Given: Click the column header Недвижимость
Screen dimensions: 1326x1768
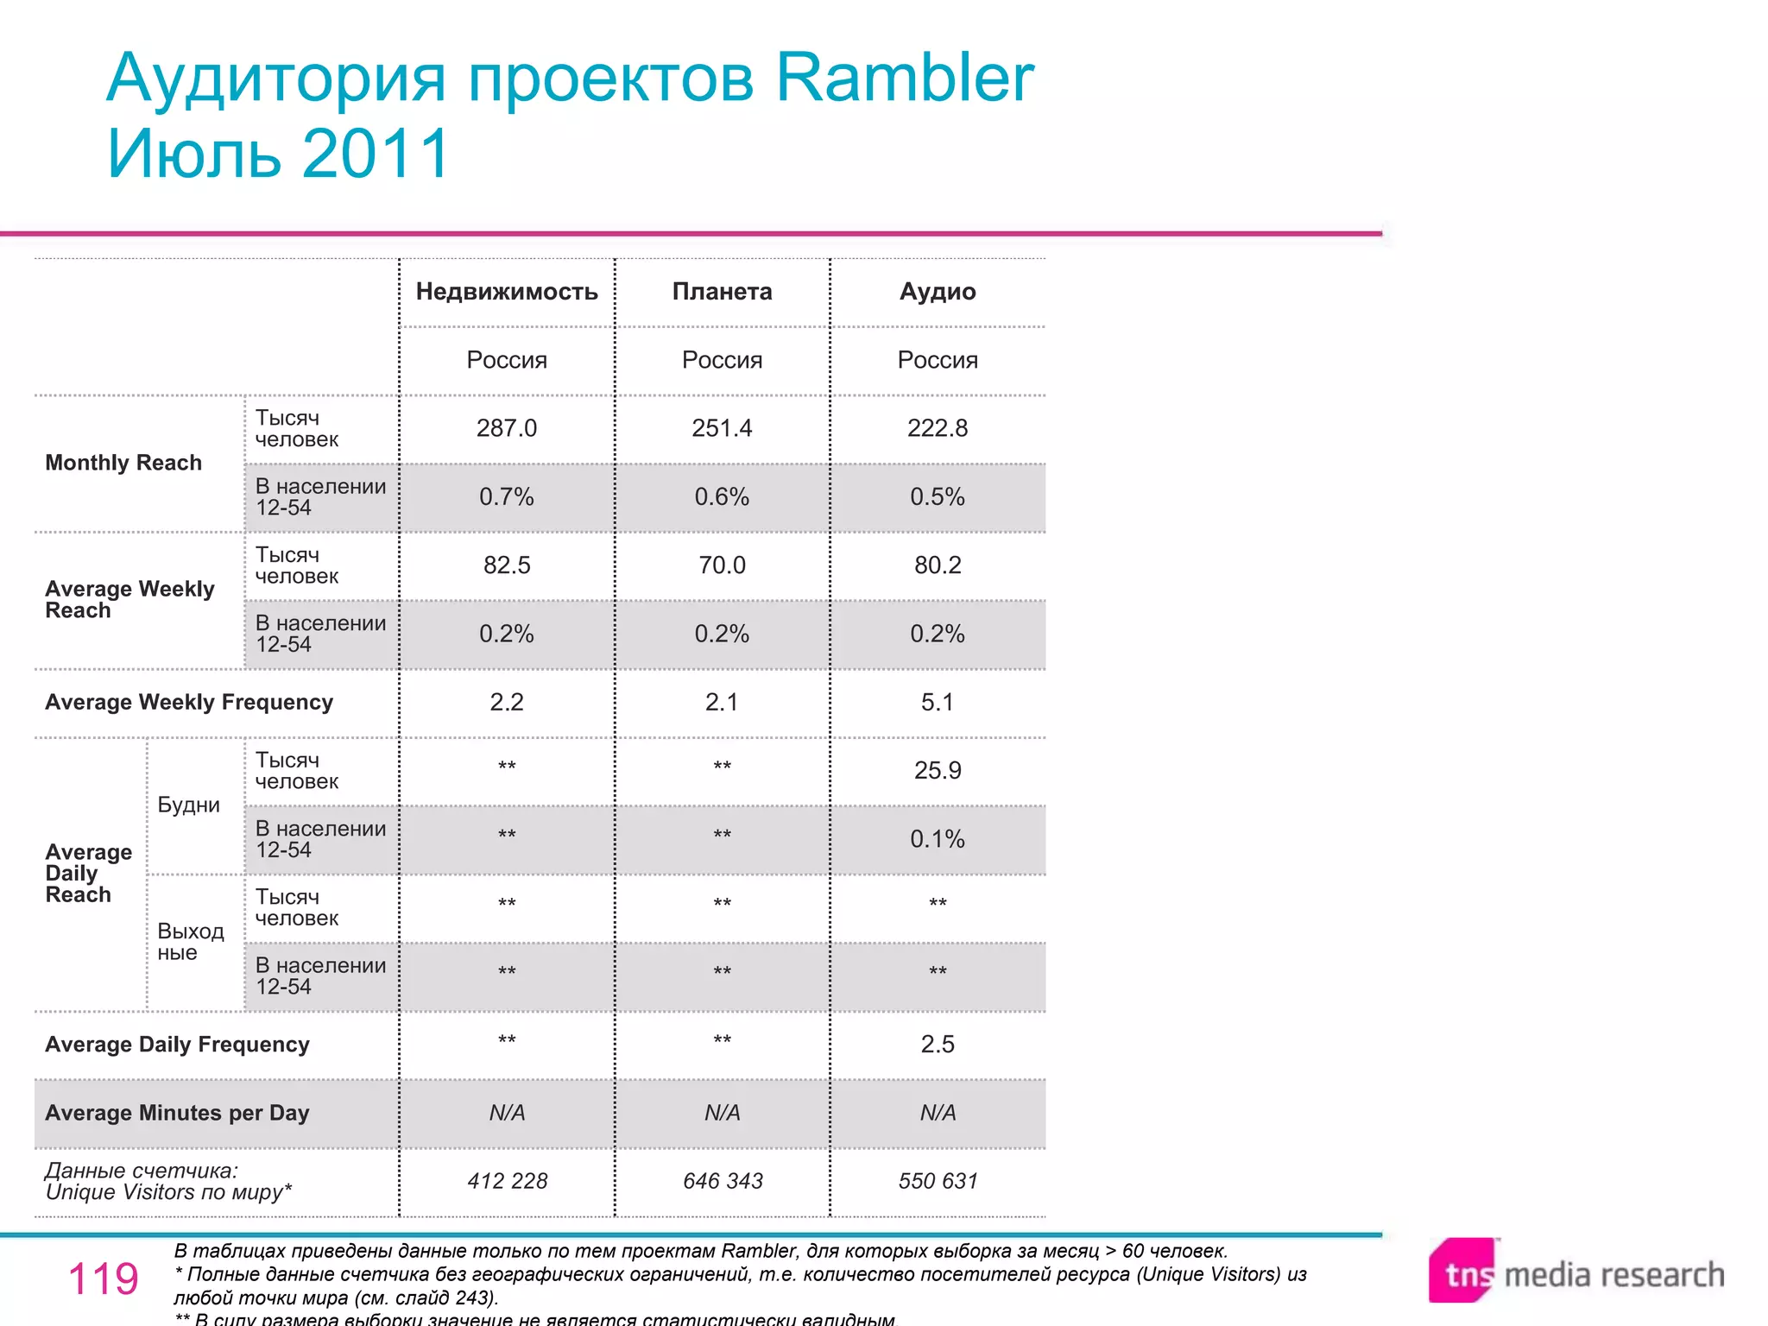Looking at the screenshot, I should coord(507,292).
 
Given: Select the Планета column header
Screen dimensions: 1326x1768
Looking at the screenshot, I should coord(722,292).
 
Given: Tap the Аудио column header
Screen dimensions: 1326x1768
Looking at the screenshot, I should coord(938,292).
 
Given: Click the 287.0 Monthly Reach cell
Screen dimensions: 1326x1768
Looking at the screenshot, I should coord(507,428).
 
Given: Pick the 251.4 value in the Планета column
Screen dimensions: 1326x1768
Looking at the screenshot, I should coord(722,428).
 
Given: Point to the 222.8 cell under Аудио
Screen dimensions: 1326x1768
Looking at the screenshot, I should coord(938,428).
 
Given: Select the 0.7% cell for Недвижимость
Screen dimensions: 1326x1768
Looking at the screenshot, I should coord(507,496).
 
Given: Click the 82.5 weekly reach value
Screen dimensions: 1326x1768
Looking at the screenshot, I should coord(507,565).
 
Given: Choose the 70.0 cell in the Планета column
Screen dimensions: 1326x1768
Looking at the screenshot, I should coord(722,565).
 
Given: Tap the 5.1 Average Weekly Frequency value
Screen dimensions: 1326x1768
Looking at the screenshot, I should coord(938,702).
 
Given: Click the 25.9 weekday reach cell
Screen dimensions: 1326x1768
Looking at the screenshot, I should coord(938,770).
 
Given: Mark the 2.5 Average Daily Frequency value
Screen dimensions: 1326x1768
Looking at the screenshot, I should coord(938,1045).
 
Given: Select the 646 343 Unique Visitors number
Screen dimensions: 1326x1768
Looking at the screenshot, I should coord(723,1181).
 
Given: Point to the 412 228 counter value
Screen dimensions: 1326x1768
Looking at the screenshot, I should coord(508,1181).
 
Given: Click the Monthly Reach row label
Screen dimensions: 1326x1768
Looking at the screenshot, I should coord(123,463).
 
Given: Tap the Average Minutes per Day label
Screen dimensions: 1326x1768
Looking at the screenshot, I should coord(177,1113).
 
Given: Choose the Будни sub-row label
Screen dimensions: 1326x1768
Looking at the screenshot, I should coord(189,805).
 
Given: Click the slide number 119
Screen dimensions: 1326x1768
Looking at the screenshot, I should coord(103,1279).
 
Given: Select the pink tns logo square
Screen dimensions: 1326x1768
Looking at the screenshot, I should coord(1462,1272).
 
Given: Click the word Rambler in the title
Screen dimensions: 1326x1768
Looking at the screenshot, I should coord(904,78).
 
